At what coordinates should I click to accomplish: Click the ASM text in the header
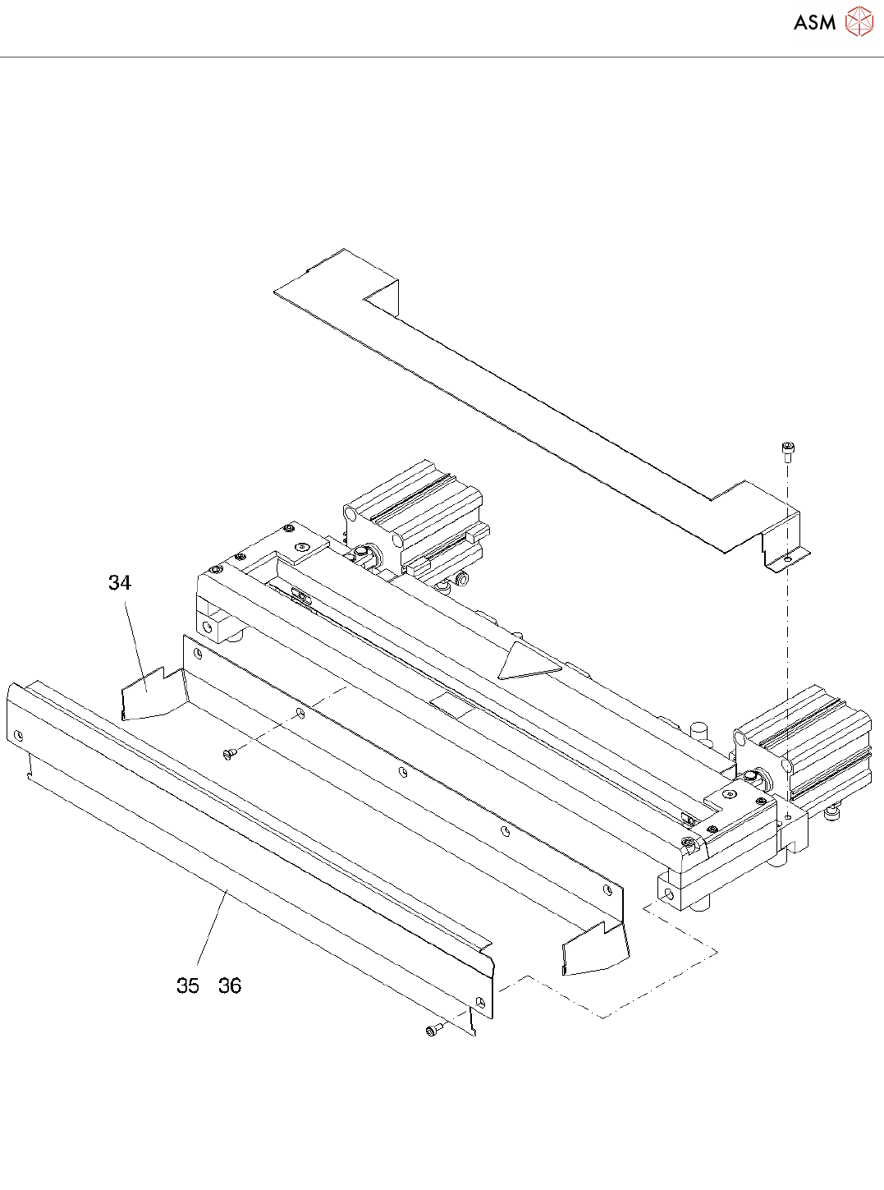(814, 23)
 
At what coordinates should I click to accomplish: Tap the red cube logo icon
(859, 22)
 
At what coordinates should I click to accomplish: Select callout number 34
(120, 582)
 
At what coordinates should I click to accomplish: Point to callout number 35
(188, 986)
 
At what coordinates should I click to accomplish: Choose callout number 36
(230, 986)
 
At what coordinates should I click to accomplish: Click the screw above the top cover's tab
(788, 450)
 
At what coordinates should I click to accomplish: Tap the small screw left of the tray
(229, 751)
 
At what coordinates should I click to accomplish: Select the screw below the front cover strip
(433, 1030)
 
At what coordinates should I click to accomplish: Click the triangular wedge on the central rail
(525, 662)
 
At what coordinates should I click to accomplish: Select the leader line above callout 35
(212, 925)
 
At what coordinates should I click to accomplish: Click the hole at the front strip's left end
(19, 735)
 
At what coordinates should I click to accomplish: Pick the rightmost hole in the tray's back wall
(607, 889)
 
